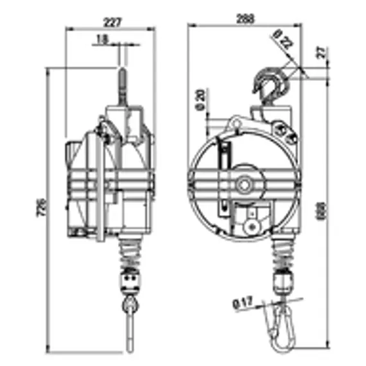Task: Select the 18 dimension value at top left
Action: coord(101,39)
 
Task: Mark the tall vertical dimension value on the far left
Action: coord(41,207)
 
